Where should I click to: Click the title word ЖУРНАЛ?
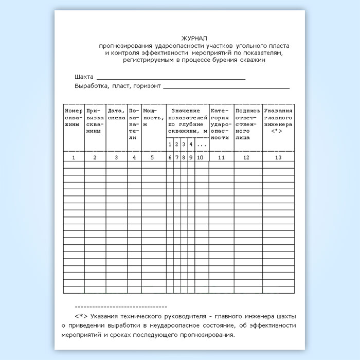point(194,39)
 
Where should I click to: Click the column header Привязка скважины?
point(95,120)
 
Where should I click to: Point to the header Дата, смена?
point(116,114)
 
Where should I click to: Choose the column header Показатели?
point(134,124)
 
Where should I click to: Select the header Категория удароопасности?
point(221,124)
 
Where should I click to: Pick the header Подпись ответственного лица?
point(247,124)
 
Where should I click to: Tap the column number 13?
point(278,157)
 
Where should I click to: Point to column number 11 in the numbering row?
point(221,157)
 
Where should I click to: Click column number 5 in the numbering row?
point(152,157)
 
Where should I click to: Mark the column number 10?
point(201,157)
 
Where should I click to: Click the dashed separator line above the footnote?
point(120,306)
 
